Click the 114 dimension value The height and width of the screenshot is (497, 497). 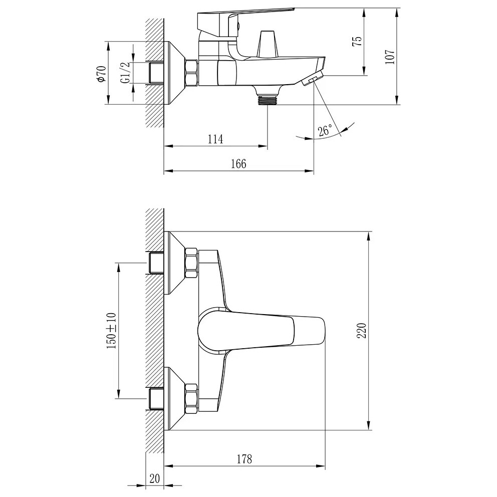pyautogui.click(x=215, y=139)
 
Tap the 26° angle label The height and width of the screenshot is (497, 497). pyautogui.click(x=325, y=130)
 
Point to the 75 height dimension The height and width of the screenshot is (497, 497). pyautogui.click(x=357, y=41)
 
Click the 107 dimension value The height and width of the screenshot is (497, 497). pyautogui.click(x=390, y=57)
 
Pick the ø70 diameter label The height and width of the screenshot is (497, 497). pyautogui.click(x=101, y=74)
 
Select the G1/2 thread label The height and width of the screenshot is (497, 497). pyautogui.click(x=126, y=73)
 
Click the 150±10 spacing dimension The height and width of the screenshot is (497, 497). pyautogui.click(x=112, y=330)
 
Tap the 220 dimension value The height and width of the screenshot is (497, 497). pyautogui.click(x=362, y=331)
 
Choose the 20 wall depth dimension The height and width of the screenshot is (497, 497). pyautogui.click(x=155, y=478)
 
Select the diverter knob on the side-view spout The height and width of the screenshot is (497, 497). pyautogui.click(x=268, y=44)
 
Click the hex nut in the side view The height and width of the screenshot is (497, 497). pyautogui.click(x=191, y=73)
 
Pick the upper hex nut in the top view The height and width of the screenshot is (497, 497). pyautogui.click(x=191, y=264)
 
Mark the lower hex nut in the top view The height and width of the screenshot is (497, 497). pyautogui.click(x=191, y=398)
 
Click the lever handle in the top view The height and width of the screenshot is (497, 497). pyautogui.click(x=262, y=331)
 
